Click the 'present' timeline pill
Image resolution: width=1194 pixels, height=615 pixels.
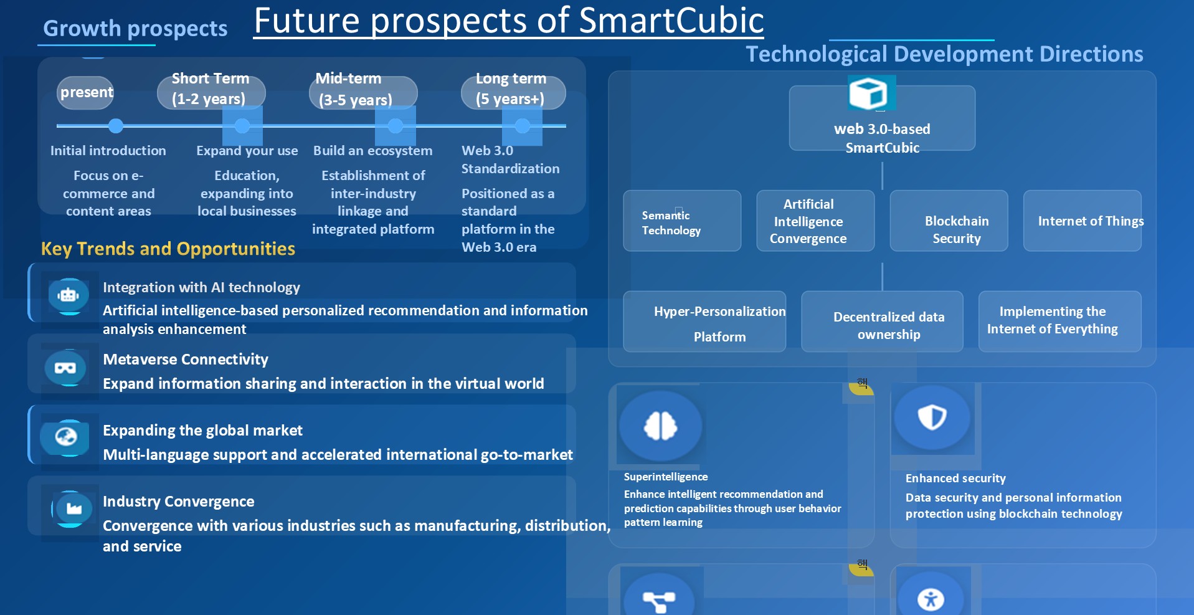pyautogui.click(x=85, y=93)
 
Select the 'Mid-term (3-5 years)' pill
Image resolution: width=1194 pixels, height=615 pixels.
pyautogui.click(x=363, y=93)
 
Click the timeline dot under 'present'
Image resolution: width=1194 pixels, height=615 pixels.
pyautogui.click(x=115, y=126)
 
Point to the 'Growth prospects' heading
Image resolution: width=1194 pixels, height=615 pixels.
pyautogui.click(x=135, y=29)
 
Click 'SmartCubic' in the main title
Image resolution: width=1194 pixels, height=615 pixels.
pyautogui.click(x=671, y=21)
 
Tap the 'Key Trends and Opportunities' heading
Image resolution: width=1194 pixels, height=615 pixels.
pyautogui.click(x=168, y=249)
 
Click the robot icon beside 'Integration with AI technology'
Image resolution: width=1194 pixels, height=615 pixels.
pyautogui.click(x=69, y=295)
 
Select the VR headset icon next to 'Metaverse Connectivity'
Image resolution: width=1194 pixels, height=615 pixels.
pyautogui.click(x=65, y=368)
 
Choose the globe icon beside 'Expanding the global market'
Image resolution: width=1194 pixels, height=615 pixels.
pyautogui.click(x=66, y=437)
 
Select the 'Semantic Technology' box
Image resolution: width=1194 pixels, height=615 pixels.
pyautogui.click(x=682, y=221)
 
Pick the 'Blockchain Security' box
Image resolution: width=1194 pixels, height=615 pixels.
pyautogui.click(x=949, y=221)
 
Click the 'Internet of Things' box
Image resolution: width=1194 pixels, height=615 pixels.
pyautogui.click(x=1083, y=221)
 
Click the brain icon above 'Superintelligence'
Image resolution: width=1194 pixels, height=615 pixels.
pyautogui.click(x=661, y=426)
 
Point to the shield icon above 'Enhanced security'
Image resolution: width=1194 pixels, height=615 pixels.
pyautogui.click(x=932, y=417)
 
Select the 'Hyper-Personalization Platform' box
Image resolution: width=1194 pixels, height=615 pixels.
pyautogui.click(x=704, y=322)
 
